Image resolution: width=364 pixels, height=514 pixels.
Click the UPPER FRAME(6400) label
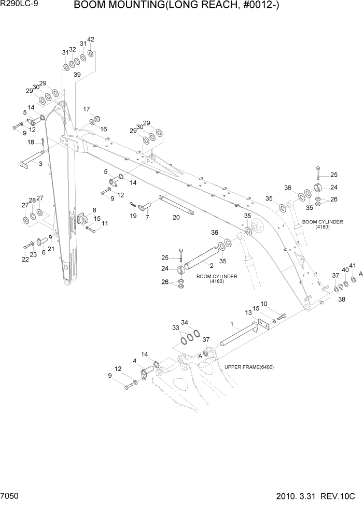(249, 367)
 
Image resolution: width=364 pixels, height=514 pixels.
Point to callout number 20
(176, 218)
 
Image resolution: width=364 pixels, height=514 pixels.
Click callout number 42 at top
(91, 39)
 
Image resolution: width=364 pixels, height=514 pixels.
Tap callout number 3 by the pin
(40, 164)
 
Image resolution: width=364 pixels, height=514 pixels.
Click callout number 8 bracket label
(94, 210)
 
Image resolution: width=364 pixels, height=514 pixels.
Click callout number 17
(87, 109)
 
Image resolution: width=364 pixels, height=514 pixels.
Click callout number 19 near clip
(133, 216)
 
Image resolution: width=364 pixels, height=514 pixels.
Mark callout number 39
(77, 75)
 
